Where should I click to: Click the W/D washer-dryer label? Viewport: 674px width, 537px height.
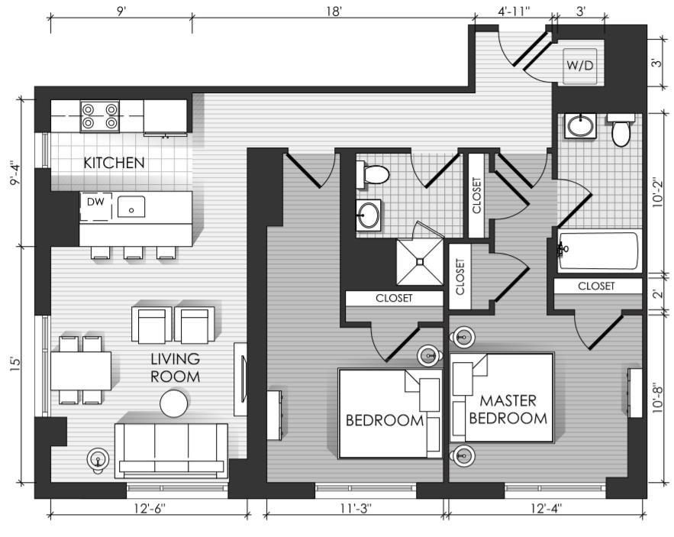tap(579, 66)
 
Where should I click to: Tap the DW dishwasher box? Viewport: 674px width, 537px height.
tap(96, 206)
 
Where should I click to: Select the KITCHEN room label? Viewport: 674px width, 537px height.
tap(114, 163)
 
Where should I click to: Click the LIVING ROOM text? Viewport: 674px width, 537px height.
tap(175, 367)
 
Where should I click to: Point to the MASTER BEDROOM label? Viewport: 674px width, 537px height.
tap(508, 409)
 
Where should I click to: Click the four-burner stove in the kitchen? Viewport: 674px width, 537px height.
tap(100, 116)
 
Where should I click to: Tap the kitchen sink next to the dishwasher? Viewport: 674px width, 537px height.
tap(131, 206)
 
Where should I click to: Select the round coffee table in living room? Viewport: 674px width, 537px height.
tap(174, 403)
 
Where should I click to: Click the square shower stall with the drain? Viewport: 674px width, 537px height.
tap(420, 261)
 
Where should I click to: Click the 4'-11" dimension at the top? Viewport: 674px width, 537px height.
tap(513, 11)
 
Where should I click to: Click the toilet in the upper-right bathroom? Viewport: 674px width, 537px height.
tap(621, 130)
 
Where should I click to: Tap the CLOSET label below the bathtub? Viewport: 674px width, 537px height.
tap(596, 286)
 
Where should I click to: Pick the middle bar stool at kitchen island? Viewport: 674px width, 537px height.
tap(134, 253)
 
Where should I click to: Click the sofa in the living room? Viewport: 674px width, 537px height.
tap(171, 451)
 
